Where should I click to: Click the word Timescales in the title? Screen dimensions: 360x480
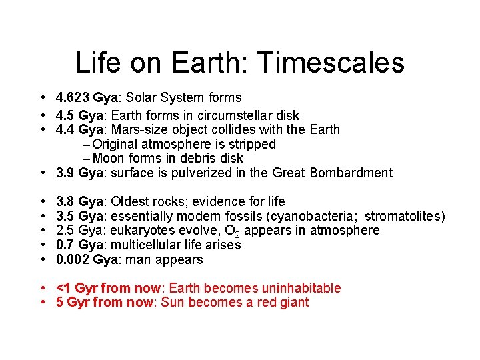point(331,63)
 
